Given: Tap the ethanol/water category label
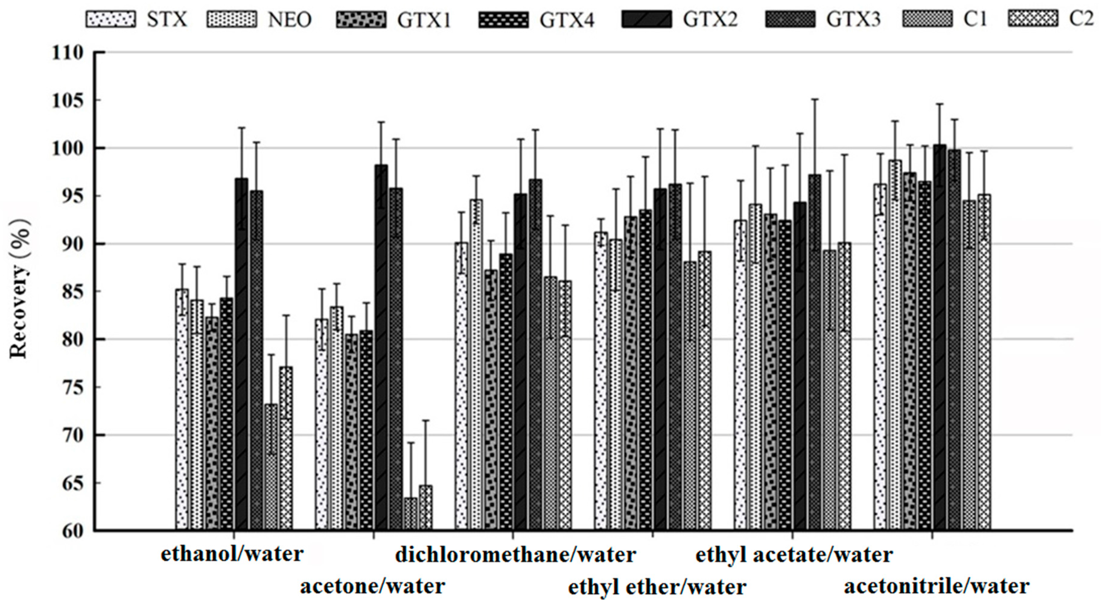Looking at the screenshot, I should tap(232, 554).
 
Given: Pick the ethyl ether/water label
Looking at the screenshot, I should tap(657, 587).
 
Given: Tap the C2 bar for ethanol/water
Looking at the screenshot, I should tap(286, 449).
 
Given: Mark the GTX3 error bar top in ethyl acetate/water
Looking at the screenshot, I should tap(815, 99).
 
